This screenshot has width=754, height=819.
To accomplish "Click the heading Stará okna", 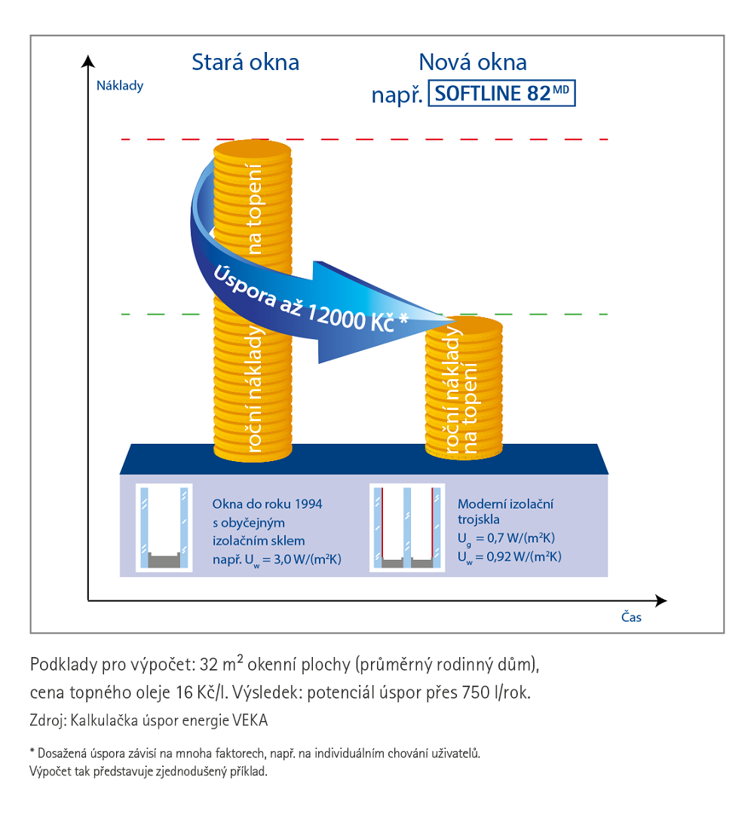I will pyautogui.click(x=245, y=62).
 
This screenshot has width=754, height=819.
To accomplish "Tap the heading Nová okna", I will pyautogui.click(x=473, y=62).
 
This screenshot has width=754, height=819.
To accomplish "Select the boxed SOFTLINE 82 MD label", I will pyautogui.click(x=501, y=93).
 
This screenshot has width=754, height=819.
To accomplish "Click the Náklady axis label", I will pyautogui.click(x=120, y=85).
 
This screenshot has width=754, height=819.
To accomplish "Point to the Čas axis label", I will pyautogui.click(x=631, y=617).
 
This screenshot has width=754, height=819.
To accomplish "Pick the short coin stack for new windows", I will pyautogui.click(x=464, y=388).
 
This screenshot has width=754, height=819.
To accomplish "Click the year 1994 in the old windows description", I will pyautogui.click(x=308, y=504).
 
